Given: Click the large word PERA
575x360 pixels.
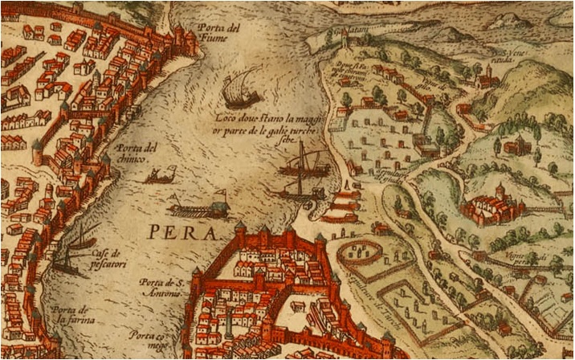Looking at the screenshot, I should point(182,234).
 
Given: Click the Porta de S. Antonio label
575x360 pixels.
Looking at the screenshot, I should point(164,287).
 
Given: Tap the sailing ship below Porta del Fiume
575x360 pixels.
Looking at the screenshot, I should point(239,89).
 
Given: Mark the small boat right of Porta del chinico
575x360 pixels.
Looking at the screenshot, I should point(160,174).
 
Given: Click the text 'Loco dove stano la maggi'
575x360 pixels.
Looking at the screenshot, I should point(266,121).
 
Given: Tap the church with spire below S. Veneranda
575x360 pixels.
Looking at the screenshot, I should point(485,78).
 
